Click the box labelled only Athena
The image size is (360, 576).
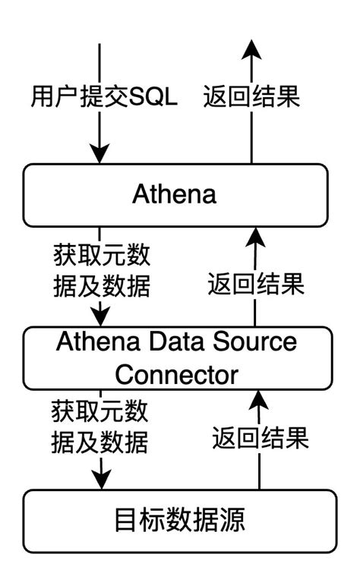click(x=174, y=194)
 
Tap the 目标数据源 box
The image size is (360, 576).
click(x=179, y=521)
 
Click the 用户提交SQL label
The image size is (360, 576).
click(x=104, y=97)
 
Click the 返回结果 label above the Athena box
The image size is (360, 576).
click(x=251, y=97)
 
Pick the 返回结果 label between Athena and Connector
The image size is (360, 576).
click(x=256, y=285)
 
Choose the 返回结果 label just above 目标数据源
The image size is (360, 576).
click(x=260, y=438)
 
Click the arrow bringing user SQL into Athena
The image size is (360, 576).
click(x=99, y=144)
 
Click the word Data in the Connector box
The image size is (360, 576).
click(x=187, y=342)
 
